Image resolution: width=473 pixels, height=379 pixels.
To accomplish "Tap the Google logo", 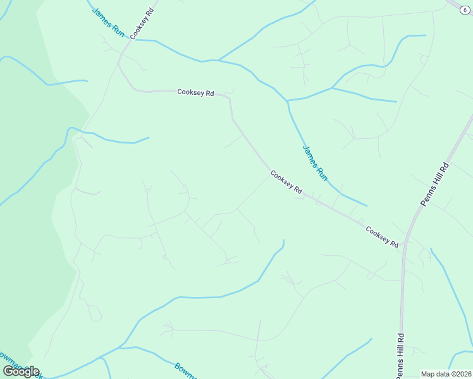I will tap(21, 371).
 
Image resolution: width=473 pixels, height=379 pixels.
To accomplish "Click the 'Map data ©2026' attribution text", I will tap(446, 374).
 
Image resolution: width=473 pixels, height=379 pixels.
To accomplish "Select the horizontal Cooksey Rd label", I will tap(195, 92).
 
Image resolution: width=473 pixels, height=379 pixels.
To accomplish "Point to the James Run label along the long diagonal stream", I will tap(315, 163).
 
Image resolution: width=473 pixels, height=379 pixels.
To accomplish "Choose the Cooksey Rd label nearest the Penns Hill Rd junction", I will tap(382, 236).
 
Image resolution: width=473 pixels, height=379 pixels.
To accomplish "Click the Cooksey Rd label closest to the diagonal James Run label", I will tap(286, 181).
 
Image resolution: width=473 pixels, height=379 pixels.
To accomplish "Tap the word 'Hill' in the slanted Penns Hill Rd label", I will tap(435, 183).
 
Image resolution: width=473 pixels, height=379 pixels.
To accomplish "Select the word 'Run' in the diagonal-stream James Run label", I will tap(321, 172).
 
